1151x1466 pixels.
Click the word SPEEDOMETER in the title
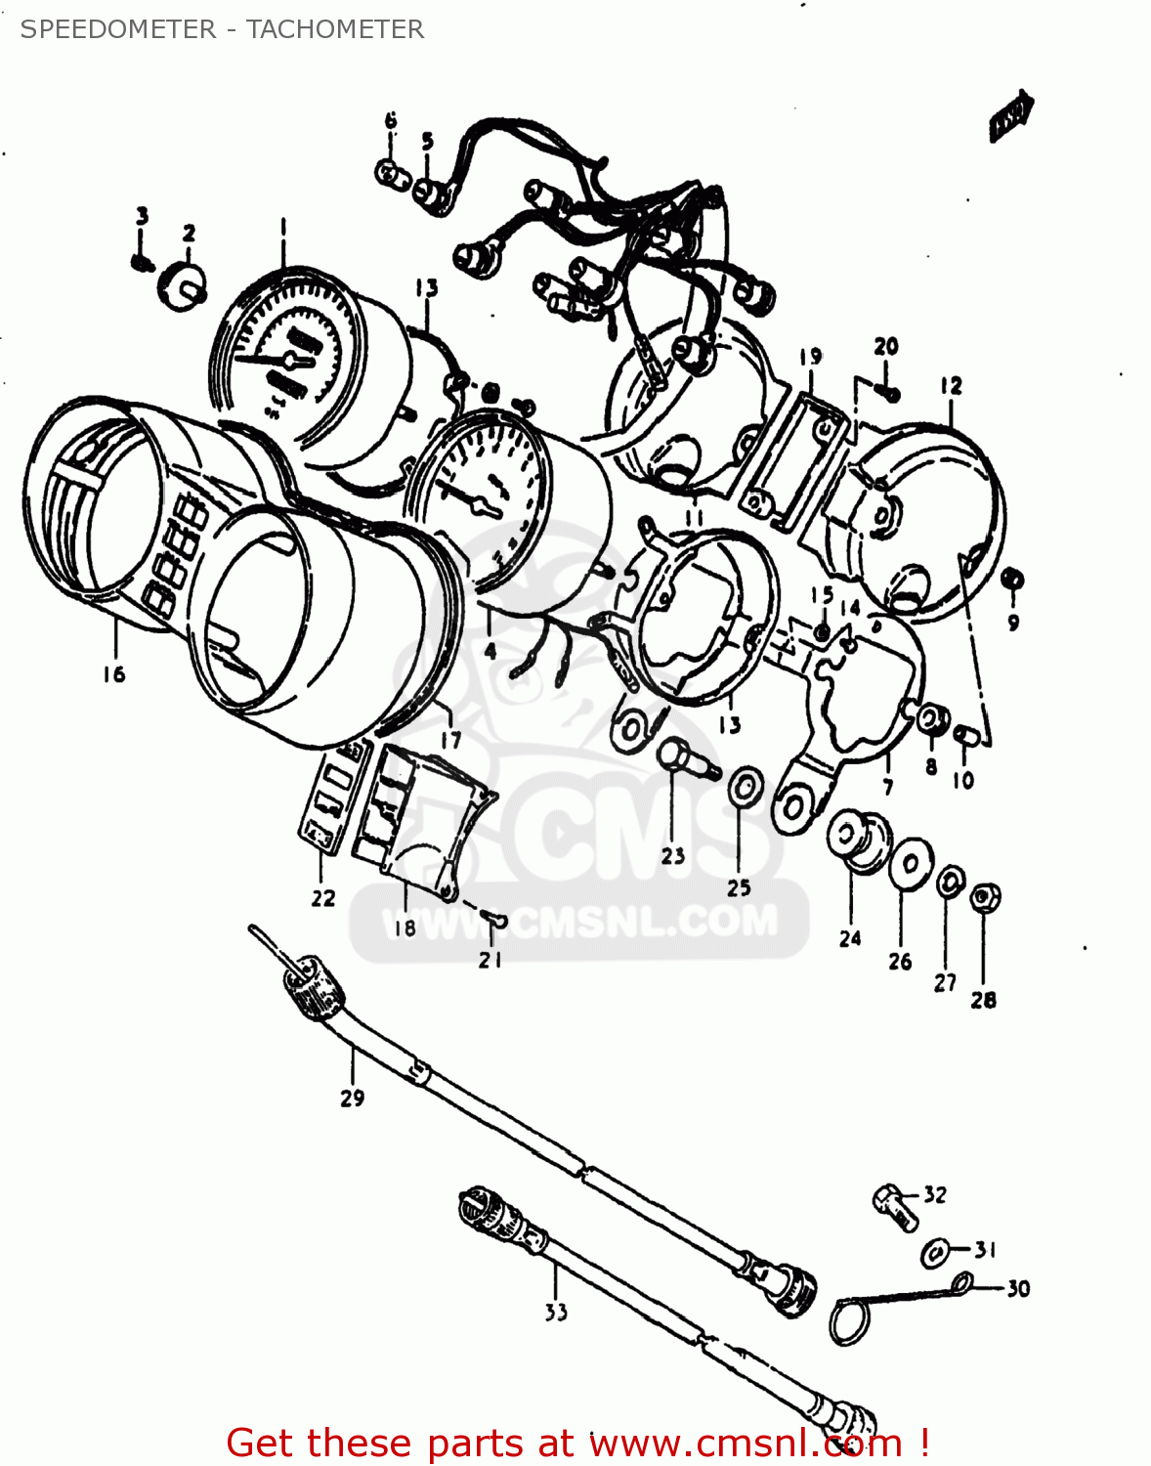[117, 29]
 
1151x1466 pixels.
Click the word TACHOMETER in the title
[335, 29]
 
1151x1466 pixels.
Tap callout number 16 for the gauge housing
[114, 673]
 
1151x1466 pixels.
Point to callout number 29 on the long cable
[352, 1098]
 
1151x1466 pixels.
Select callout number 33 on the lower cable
[556, 1312]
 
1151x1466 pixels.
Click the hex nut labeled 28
[985, 896]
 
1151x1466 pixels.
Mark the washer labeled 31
[934, 1252]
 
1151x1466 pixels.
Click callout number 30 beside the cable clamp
[1018, 1288]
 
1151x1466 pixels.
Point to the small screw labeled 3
[141, 261]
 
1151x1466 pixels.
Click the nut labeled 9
[1013, 580]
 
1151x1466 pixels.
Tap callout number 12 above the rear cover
[951, 386]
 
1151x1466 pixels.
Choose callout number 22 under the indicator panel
[323, 898]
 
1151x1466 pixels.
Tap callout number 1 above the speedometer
[282, 226]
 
